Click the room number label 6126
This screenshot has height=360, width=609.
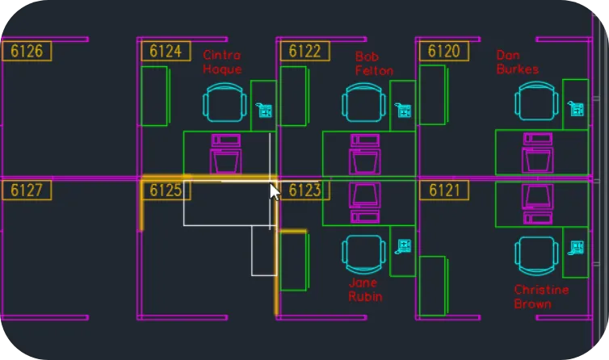pos(27,51)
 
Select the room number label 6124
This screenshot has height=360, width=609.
pos(166,51)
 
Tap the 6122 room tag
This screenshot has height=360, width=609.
pos(304,51)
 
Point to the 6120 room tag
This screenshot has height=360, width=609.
pos(444,51)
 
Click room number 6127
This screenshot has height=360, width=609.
pos(27,190)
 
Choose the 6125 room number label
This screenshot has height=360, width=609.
pos(166,190)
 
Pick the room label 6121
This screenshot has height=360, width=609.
pos(444,190)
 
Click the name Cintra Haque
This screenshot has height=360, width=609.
pos(222,62)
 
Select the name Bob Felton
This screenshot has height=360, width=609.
pos(374,64)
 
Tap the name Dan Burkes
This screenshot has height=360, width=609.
pos(518,62)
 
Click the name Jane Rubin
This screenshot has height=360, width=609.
pos(365,290)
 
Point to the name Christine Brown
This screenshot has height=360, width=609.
pos(541,297)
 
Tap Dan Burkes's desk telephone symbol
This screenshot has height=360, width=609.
pos(576,108)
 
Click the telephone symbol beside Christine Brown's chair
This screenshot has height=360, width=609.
pos(576,248)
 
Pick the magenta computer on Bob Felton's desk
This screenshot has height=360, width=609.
pos(365,154)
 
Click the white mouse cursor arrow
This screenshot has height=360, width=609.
pos(275,192)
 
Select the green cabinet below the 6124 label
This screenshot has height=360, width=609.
pos(154,96)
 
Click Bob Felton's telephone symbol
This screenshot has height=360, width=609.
pos(403,110)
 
